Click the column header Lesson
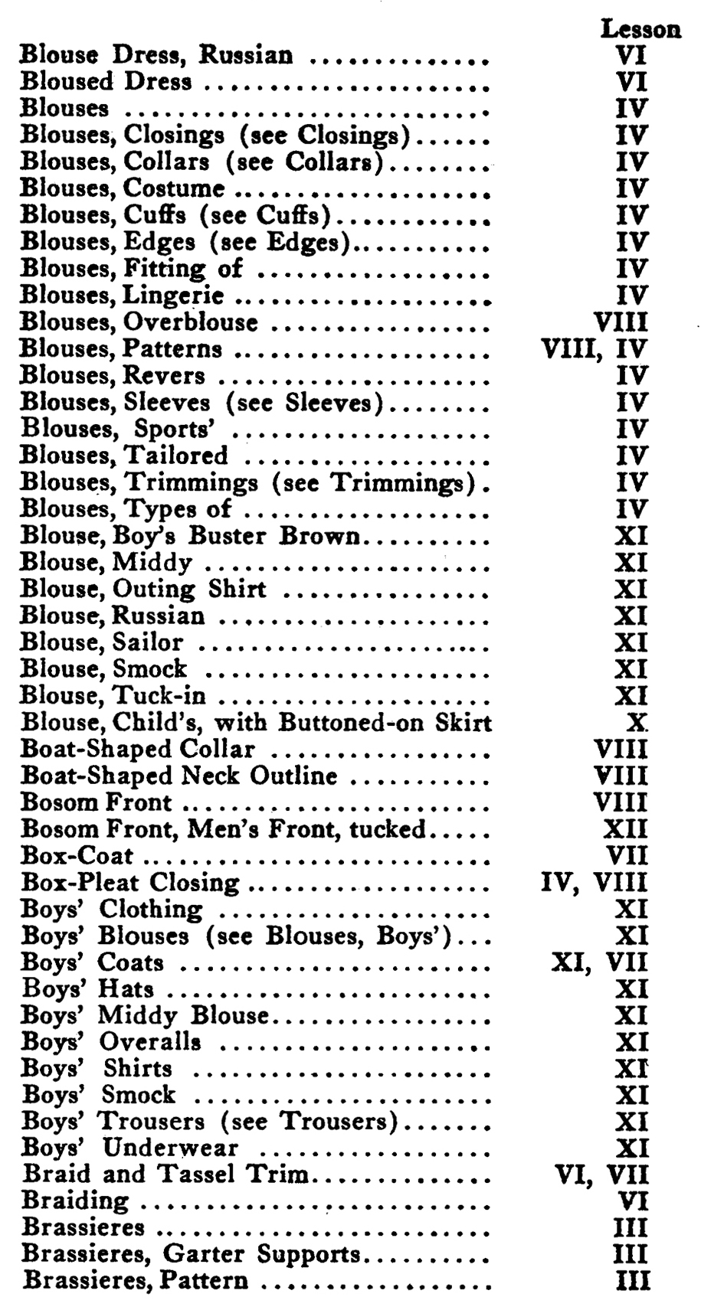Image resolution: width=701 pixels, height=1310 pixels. coord(640,29)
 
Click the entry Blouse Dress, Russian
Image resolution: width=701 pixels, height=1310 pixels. coord(156,55)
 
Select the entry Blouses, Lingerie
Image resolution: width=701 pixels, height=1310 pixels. coord(122,296)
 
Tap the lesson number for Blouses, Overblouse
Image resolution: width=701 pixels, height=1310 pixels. coord(621,322)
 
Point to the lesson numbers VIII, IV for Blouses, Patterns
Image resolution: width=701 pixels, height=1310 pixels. coord(595,349)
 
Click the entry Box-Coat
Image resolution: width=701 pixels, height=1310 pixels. coord(77,856)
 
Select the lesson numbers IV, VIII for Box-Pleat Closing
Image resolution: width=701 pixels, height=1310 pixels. coord(595,883)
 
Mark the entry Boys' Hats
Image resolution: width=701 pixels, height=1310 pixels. coord(87,989)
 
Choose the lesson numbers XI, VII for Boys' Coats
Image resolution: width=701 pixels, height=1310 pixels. coord(600,962)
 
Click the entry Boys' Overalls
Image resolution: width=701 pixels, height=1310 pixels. coord(111,1042)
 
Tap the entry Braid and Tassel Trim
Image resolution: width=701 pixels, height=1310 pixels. coord(165,1174)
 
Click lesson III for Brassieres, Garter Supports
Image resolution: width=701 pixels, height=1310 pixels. coord(632,1254)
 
